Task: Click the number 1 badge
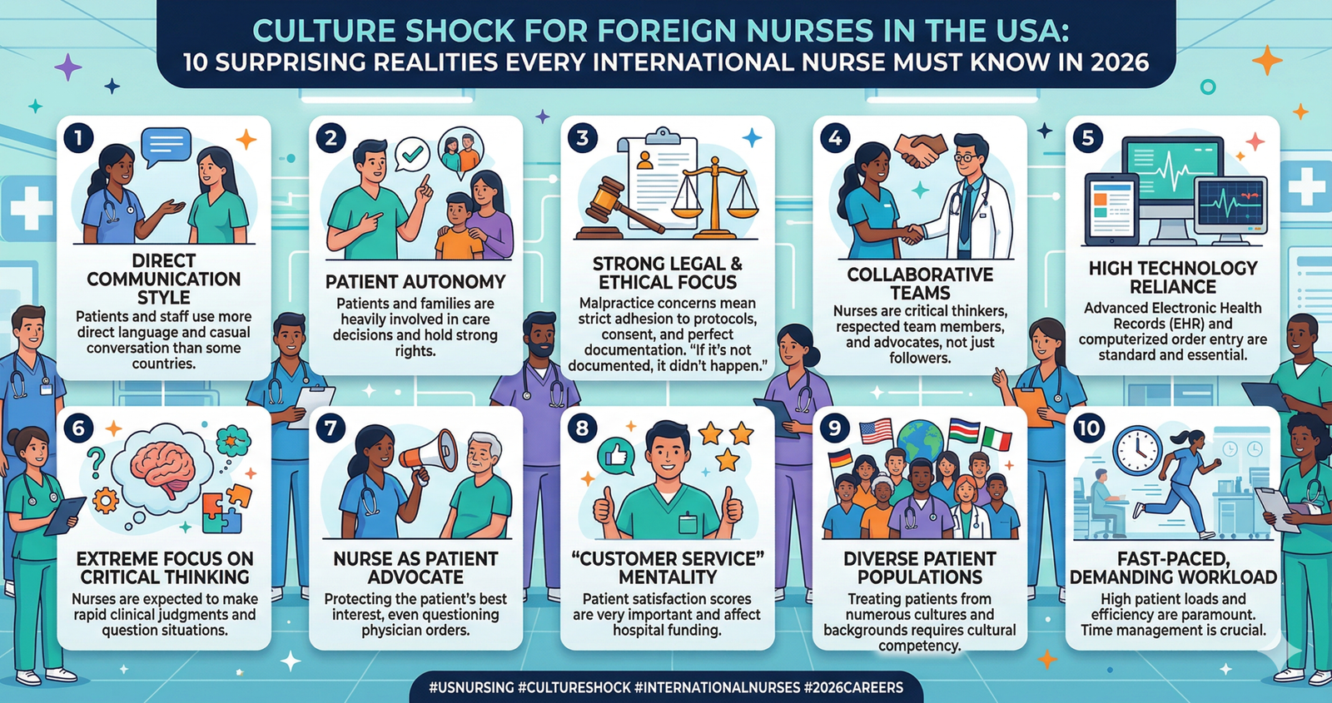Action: [x=78, y=137]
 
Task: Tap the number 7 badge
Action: [x=331, y=428]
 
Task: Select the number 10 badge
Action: [x=1088, y=428]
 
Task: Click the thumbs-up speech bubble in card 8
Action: [x=616, y=454]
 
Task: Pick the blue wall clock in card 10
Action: [x=1137, y=450]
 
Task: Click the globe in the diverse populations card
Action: [x=920, y=440]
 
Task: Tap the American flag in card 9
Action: [x=875, y=431]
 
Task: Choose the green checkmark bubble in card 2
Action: [x=411, y=154]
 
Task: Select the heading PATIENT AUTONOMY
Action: [x=415, y=282]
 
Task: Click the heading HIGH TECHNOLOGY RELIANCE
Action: [x=1172, y=277]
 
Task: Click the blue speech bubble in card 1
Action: [x=166, y=146]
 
